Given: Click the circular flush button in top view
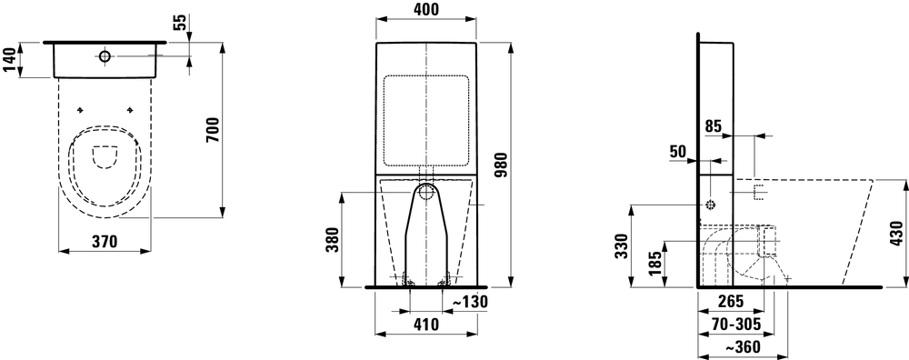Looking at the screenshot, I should pos(105,57).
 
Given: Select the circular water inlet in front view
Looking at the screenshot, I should pos(426,192).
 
